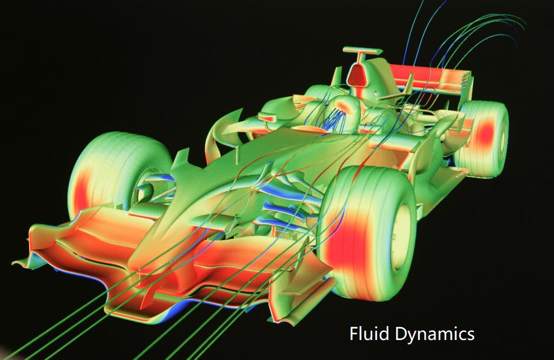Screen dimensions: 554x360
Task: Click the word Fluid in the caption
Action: coord(369,334)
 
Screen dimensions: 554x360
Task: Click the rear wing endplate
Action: coord(466,85)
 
